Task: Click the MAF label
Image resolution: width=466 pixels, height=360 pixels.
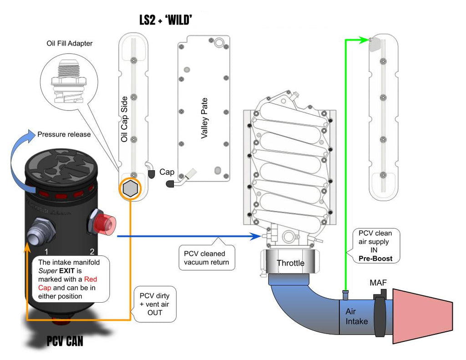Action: click(x=378, y=283)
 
